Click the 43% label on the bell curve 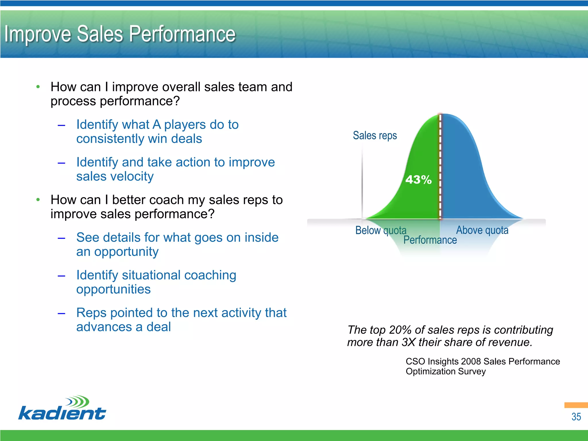click(x=418, y=180)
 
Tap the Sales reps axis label click(x=375, y=136)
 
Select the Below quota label click(x=381, y=230)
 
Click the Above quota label click(x=482, y=230)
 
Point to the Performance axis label click(x=430, y=240)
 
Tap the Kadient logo click(x=62, y=409)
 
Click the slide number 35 click(x=576, y=417)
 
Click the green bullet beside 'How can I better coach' click(x=38, y=200)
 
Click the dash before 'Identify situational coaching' click(x=61, y=276)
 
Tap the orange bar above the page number click(x=576, y=405)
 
